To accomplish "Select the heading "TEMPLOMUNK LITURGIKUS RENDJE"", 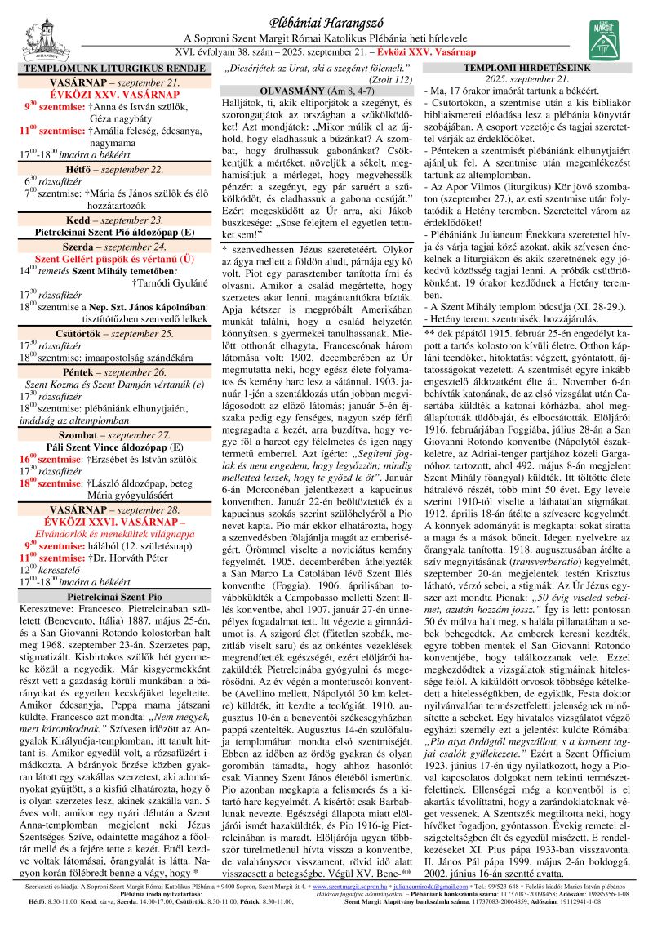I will pos(106,69).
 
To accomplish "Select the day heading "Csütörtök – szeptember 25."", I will pos(106,310).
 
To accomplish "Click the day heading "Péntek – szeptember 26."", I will pos(106,349).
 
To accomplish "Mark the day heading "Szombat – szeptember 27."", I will pos(106,412).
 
